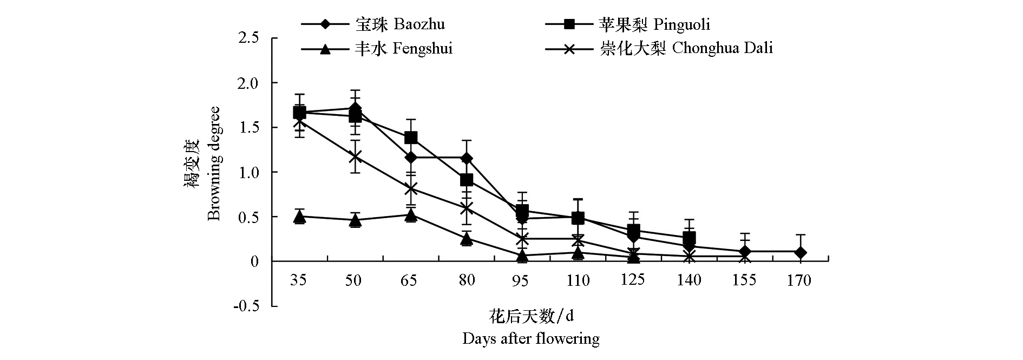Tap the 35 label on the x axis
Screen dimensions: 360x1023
pyautogui.click(x=298, y=280)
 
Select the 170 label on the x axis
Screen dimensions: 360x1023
pyautogui.click(x=799, y=280)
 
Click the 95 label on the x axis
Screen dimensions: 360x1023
pyautogui.click(x=521, y=280)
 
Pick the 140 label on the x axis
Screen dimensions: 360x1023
pyautogui.click(x=688, y=280)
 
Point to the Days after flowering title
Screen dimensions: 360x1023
pyautogui.click(x=530, y=339)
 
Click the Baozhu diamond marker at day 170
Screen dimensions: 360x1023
pyautogui.click(x=800, y=252)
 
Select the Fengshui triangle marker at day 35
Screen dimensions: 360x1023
pyautogui.click(x=299, y=217)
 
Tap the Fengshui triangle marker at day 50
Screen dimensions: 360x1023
pyautogui.click(x=355, y=220)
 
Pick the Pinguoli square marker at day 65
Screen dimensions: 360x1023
pyautogui.click(x=411, y=138)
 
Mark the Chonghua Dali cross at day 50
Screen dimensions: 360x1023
pyautogui.click(x=355, y=156)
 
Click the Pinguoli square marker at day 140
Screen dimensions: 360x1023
pyautogui.click(x=689, y=238)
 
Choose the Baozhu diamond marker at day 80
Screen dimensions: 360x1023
pyautogui.click(x=466, y=158)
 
